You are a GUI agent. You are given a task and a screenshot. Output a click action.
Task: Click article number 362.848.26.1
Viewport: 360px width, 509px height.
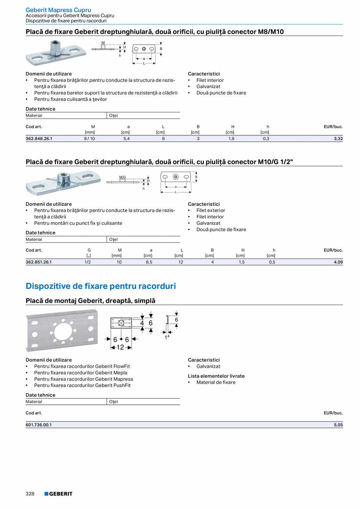point(39,138)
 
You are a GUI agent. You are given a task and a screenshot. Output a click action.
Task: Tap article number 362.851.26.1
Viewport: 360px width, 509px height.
point(39,262)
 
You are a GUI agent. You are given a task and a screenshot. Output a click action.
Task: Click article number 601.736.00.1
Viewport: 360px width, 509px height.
point(39,425)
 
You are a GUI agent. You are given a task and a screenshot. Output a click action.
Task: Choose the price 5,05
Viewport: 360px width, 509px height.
point(338,425)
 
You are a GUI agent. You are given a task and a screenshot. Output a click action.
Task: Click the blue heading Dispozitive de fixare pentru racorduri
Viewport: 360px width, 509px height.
point(101,286)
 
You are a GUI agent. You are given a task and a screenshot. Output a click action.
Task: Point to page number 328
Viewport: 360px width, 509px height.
point(30,494)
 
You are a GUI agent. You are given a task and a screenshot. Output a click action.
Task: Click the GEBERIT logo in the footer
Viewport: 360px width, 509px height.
point(58,494)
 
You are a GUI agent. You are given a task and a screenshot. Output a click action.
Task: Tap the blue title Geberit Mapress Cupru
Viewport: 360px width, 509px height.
point(58,10)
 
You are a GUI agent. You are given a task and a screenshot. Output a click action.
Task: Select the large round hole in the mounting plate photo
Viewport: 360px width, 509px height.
point(63,332)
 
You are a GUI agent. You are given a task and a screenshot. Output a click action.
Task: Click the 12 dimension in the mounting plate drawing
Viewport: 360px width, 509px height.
point(120,347)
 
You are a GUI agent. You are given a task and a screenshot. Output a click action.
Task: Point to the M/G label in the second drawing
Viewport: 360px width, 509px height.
point(122,177)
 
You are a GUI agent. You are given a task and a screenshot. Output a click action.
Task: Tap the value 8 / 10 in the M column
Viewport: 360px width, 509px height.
point(90,138)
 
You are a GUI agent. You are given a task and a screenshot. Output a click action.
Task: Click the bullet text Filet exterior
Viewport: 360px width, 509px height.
point(211,210)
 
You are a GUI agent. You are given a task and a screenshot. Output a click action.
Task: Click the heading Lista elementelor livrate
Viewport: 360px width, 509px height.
point(216,376)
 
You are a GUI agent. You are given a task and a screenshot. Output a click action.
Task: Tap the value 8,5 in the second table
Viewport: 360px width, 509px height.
point(149,262)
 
